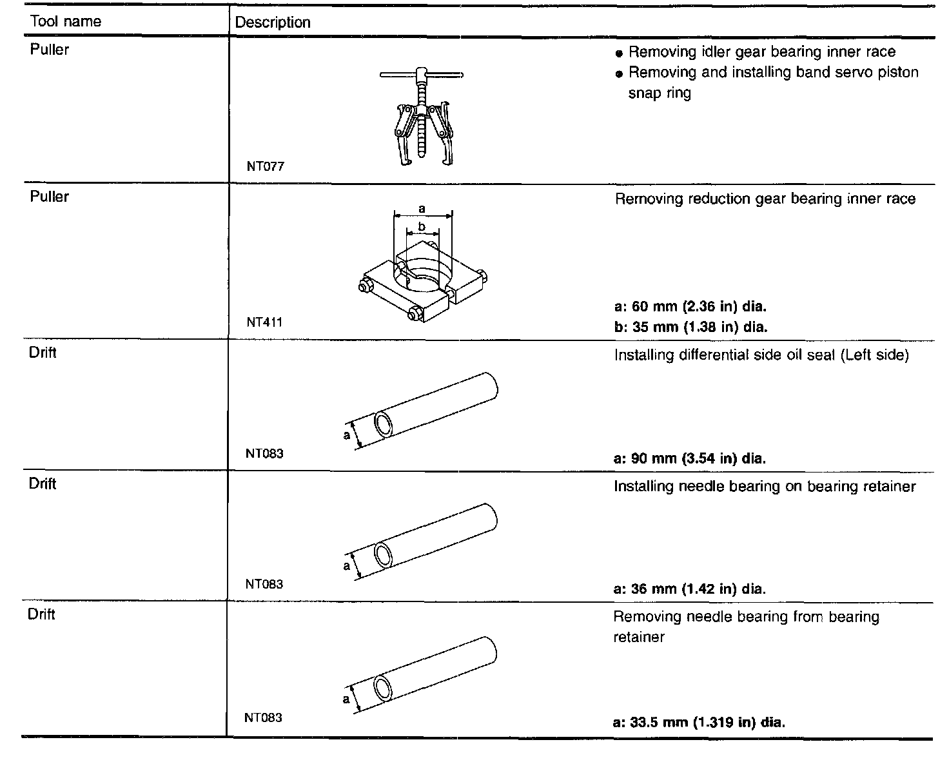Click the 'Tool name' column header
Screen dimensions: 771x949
(x=66, y=21)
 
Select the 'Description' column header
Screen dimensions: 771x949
(x=273, y=23)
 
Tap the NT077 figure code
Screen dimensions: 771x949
(x=265, y=166)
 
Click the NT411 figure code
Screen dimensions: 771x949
(x=264, y=322)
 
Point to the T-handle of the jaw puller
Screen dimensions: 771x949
(x=421, y=75)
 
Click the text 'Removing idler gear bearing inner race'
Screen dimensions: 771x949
(x=761, y=52)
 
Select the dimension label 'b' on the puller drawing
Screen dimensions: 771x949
(x=422, y=227)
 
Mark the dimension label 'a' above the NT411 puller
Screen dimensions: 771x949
(x=422, y=208)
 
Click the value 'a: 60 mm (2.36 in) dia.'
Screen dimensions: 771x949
(x=690, y=306)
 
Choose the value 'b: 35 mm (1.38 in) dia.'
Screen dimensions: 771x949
(x=691, y=327)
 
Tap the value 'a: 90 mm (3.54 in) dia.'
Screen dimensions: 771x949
(x=690, y=459)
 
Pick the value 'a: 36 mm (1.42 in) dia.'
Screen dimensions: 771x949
(x=690, y=589)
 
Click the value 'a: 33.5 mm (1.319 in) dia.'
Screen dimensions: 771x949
(x=699, y=722)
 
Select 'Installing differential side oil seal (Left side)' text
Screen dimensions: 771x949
(x=761, y=355)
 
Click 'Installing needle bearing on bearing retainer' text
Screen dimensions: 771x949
(x=764, y=486)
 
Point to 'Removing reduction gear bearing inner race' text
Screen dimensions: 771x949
(x=765, y=199)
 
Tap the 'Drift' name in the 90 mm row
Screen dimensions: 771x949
(x=43, y=353)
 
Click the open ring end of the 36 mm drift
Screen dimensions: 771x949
(x=384, y=555)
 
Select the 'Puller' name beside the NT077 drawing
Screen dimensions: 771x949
(x=50, y=50)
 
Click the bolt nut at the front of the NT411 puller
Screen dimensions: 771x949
(x=415, y=315)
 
